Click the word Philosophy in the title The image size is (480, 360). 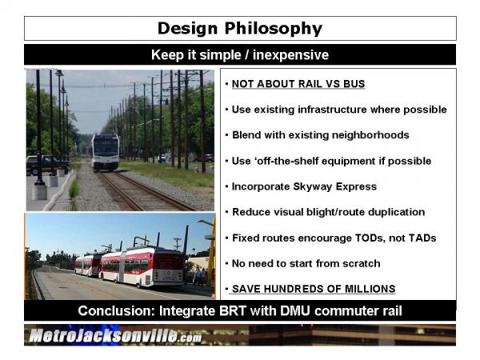[274, 29]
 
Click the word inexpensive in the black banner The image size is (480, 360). [290, 55]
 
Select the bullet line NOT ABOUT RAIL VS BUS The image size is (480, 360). [298, 84]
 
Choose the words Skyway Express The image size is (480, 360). [334, 186]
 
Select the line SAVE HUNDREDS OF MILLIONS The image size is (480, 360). [314, 289]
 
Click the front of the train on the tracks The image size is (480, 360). [106, 152]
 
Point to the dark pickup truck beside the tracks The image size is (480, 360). [46, 165]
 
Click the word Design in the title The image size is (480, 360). [188, 29]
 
